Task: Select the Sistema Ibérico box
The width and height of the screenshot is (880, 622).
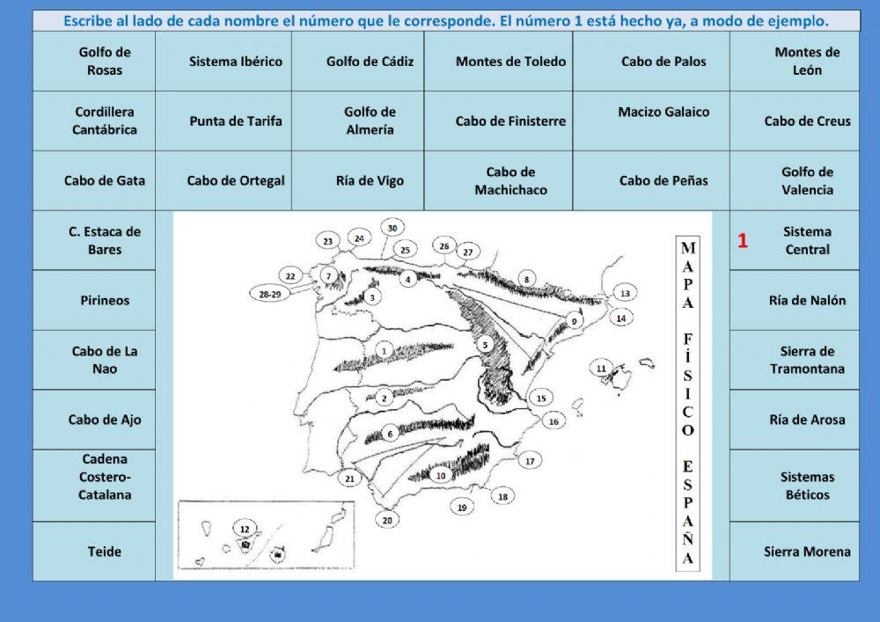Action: (236, 62)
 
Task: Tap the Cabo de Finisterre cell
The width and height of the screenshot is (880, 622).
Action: (510, 121)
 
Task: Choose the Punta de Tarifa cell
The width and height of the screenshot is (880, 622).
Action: (236, 121)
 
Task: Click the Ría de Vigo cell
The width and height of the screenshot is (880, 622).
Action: (370, 181)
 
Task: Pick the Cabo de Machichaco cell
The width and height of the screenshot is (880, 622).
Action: (510, 181)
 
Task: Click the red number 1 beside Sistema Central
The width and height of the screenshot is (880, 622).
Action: (743, 241)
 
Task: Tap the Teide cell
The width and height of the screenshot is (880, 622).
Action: (94, 552)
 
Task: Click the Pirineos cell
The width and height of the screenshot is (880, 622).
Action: (94, 300)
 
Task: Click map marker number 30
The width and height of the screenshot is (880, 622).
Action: (392, 228)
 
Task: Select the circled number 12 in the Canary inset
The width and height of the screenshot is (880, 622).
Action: (245, 529)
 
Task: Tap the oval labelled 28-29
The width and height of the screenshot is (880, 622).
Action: (270, 295)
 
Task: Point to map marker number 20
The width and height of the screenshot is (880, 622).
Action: (387, 520)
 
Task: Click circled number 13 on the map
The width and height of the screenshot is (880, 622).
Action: (625, 293)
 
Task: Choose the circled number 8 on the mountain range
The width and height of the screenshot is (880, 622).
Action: (526, 280)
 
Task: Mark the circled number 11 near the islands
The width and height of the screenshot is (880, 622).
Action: (602, 368)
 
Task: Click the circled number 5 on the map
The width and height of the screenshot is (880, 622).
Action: (485, 346)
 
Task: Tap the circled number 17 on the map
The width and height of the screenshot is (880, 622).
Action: (529, 460)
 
